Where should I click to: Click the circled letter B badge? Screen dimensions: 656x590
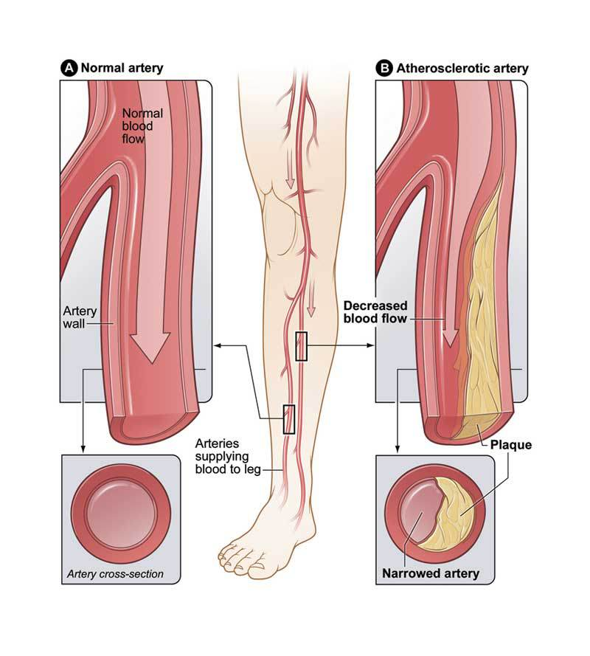click(x=384, y=68)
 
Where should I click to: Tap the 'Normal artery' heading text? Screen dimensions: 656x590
click(x=122, y=68)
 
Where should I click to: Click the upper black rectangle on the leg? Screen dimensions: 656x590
click(x=301, y=346)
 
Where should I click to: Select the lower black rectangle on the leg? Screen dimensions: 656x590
click(x=289, y=419)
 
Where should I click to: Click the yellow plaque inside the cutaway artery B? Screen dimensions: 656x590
click(x=487, y=310)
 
